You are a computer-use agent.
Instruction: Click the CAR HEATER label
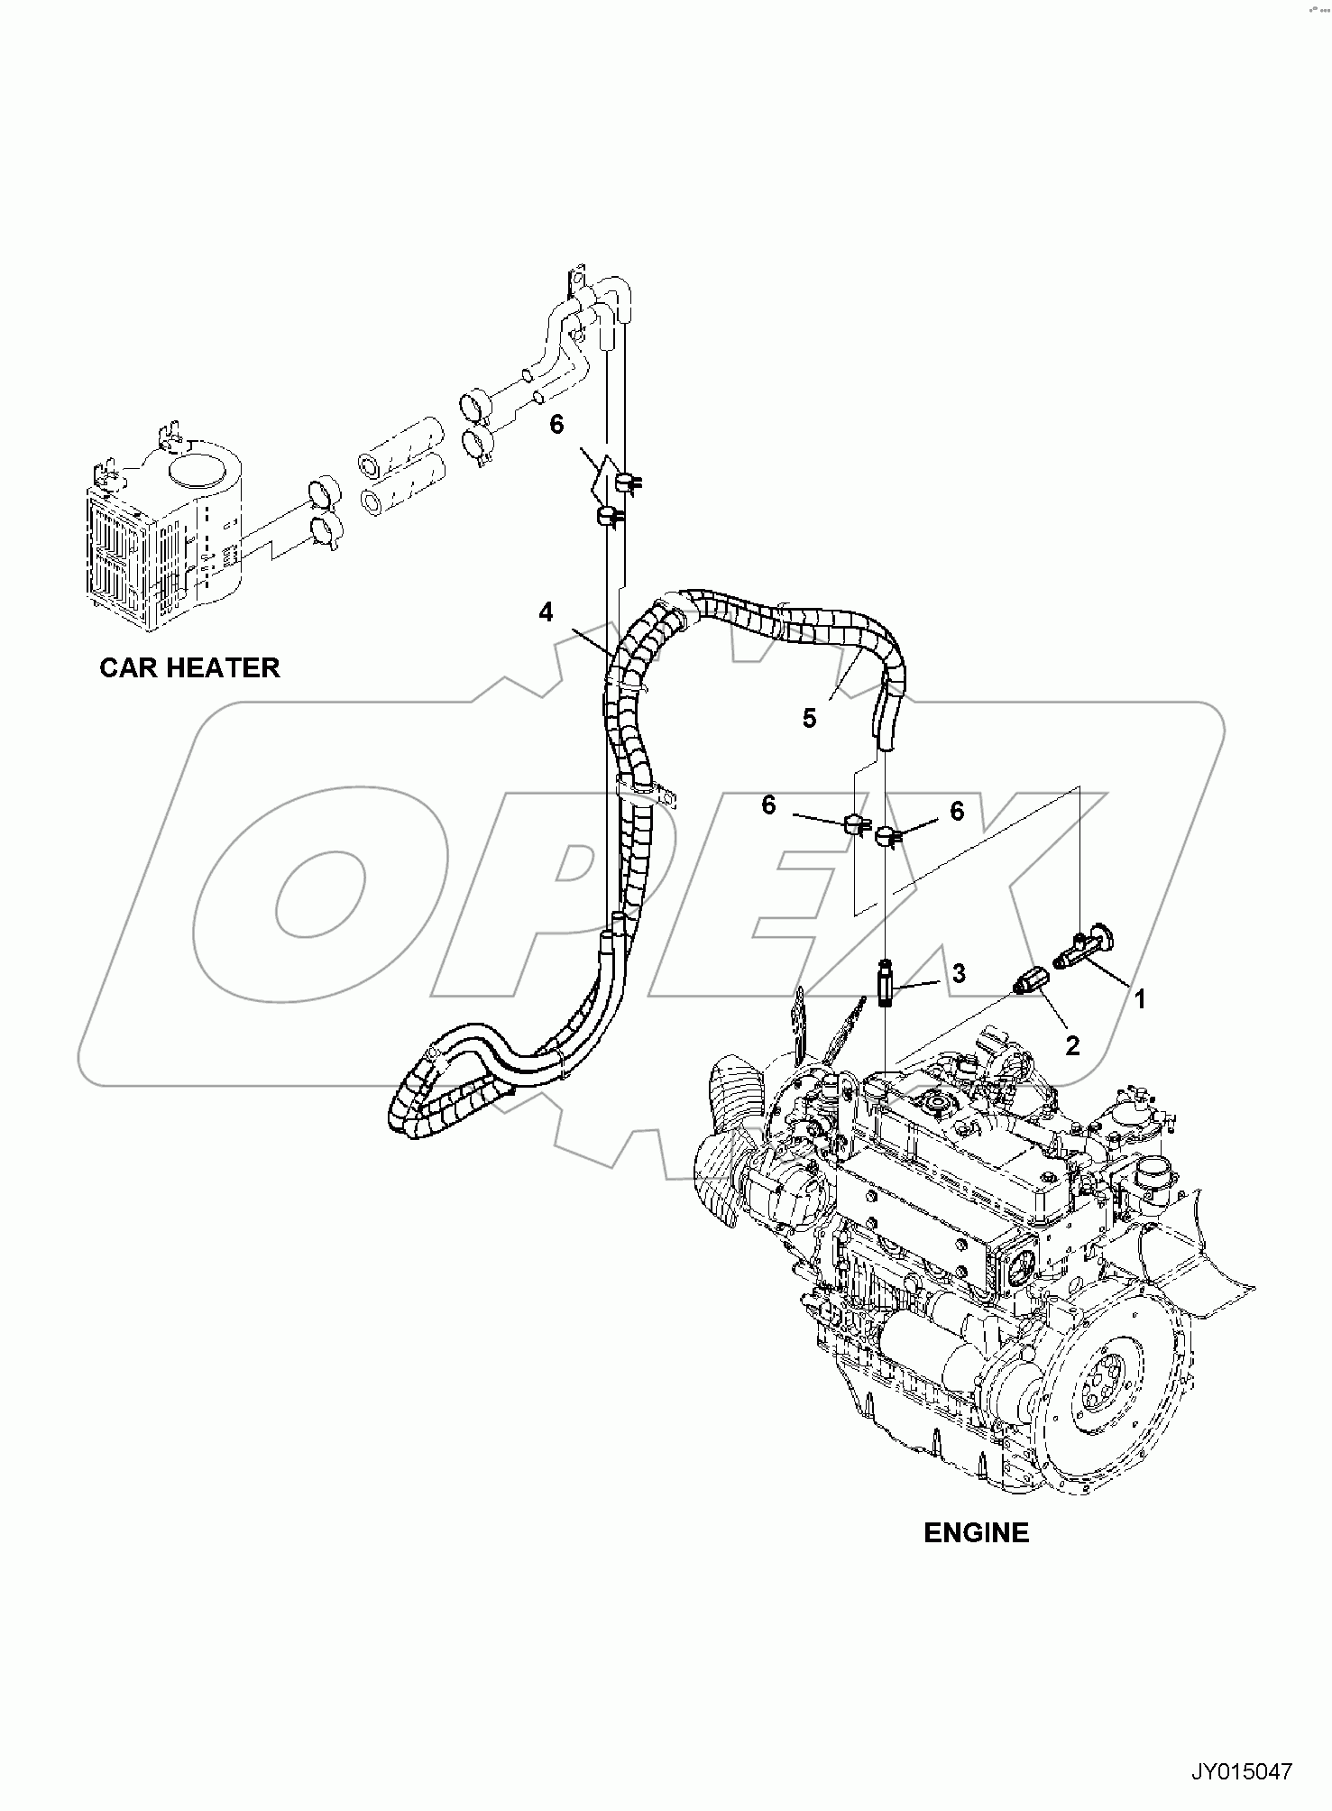click(x=189, y=667)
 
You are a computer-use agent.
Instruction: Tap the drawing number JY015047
click(x=1242, y=1771)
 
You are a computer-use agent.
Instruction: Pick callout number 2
click(x=1072, y=1045)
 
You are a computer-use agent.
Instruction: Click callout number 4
click(x=546, y=612)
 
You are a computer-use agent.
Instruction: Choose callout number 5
click(x=809, y=718)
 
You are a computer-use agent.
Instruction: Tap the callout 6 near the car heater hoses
click(x=556, y=424)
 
